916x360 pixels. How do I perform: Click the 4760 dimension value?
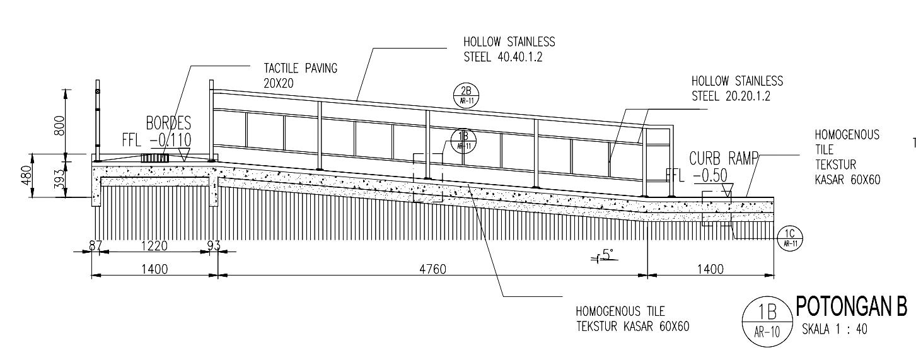(432, 269)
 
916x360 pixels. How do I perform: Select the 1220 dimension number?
(154, 245)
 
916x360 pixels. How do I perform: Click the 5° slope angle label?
(606, 255)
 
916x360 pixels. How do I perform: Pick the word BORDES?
(168, 123)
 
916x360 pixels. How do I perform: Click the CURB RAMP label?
(722, 158)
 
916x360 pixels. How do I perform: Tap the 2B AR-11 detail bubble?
(466, 95)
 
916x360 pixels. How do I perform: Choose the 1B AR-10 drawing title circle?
(765, 318)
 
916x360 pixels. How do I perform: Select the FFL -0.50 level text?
(700, 175)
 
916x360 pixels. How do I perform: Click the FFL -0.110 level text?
(156, 139)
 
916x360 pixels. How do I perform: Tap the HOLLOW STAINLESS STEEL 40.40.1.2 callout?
(509, 49)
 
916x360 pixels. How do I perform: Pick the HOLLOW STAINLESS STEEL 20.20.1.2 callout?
(736, 88)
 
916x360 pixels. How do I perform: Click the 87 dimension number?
(95, 245)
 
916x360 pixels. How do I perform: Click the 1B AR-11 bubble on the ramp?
(464, 141)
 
